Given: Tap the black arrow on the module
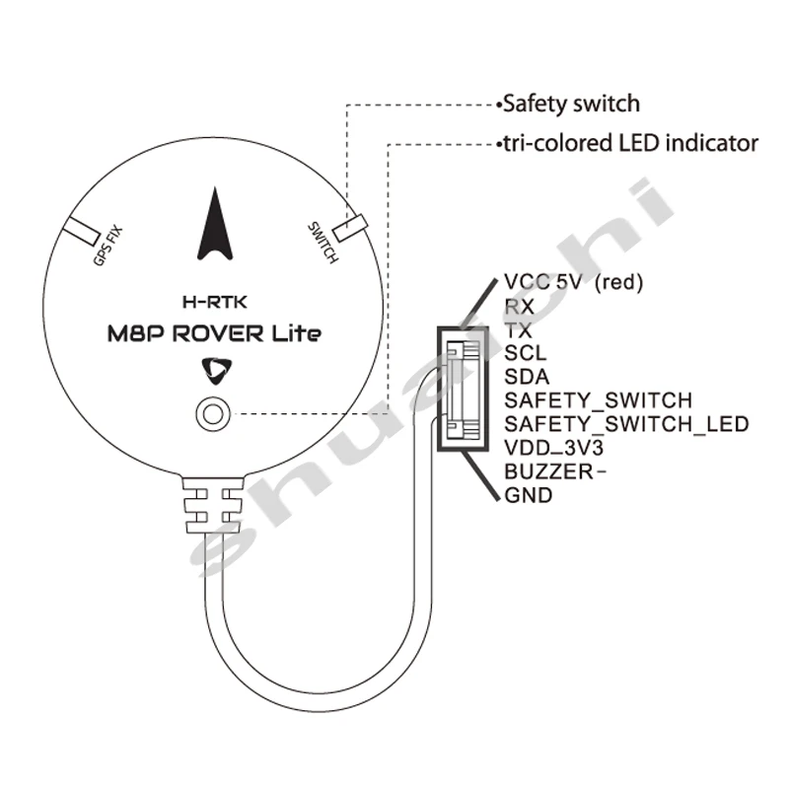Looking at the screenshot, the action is [218, 224].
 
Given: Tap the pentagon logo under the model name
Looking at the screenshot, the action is [213, 370].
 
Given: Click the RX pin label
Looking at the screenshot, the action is [519, 307].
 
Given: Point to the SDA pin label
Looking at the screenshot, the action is [527, 377].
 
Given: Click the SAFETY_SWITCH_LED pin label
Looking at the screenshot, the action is [626, 424].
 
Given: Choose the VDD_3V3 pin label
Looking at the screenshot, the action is [553, 448].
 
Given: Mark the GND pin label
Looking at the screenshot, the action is [528, 495].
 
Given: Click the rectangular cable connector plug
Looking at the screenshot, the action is [463, 388].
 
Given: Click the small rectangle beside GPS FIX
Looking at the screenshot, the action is [82, 229].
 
